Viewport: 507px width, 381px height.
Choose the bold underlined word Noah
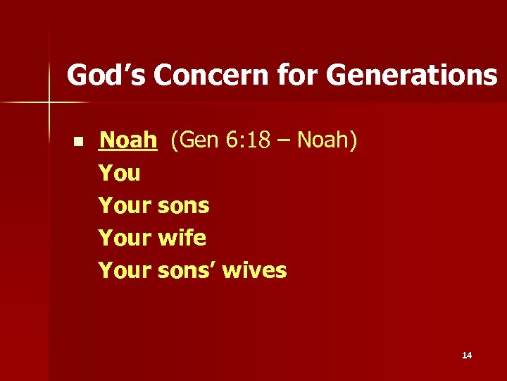coord(127,140)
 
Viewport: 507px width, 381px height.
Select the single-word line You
coord(120,173)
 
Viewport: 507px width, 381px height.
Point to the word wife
coord(182,238)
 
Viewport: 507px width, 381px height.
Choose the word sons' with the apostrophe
coord(187,270)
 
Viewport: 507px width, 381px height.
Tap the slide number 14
coord(467,356)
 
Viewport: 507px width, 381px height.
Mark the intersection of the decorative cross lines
coord(49,103)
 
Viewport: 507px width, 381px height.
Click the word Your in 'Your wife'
coord(125,238)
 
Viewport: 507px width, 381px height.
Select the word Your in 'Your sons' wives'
coord(125,270)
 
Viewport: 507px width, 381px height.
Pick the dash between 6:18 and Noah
coord(287,142)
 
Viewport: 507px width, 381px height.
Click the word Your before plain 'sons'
coord(125,205)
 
